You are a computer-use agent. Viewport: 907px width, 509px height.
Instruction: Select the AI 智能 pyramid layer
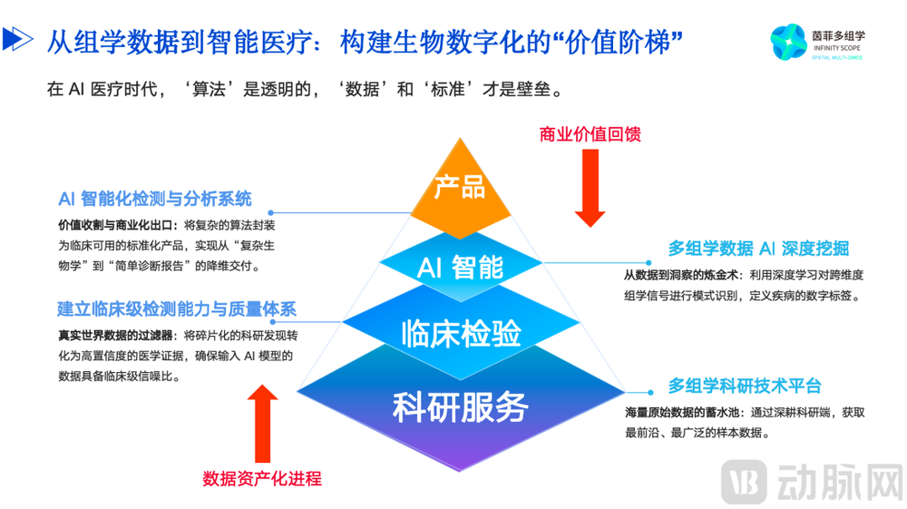pos(459,267)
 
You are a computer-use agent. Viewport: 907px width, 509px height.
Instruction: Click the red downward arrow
pos(590,186)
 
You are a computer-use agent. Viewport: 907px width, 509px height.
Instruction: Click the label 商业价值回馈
pos(590,134)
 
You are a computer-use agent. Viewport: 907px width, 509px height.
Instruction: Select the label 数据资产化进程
pos(262,478)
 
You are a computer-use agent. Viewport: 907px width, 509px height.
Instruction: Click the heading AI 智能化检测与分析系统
pos(155,199)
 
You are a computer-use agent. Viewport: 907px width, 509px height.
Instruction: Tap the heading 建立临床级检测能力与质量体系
pos(177,309)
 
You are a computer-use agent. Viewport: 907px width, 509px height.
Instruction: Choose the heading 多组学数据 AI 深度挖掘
pos(758,249)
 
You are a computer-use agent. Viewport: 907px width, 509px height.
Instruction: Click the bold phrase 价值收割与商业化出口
pos(115,224)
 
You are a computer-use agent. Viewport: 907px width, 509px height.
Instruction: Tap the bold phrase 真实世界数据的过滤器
pos(115,335)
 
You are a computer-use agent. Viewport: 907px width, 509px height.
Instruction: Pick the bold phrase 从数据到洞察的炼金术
pos(681,274)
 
